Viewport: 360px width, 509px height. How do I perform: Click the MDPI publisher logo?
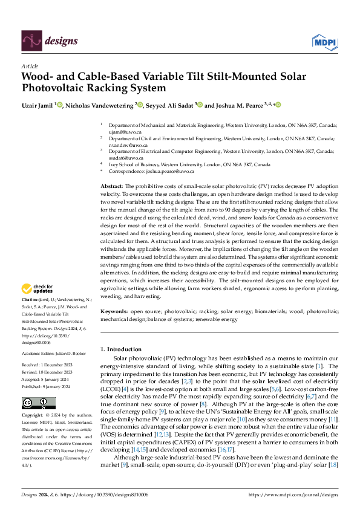click(x=324, y=41)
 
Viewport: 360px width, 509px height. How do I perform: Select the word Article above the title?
click(x=30, y=66)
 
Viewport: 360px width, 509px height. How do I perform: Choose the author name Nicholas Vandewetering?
click(x=99, y=105)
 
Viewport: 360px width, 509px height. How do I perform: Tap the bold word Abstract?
click(x=112, y=185)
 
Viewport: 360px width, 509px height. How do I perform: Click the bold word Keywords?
click(x=114, y=311)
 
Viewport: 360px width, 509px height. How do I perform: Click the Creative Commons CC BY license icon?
click(x=38, y=403)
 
